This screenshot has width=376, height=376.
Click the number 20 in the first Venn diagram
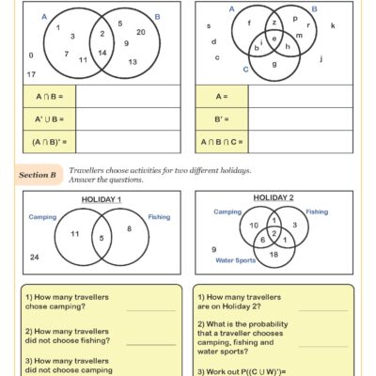(141, 32)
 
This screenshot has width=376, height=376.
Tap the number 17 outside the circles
(31, 73)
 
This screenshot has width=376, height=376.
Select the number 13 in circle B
(133, 62)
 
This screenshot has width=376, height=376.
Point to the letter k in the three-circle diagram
(333, 26)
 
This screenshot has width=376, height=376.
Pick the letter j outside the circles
(322, 59)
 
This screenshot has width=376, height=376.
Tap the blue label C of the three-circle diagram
(245, 69)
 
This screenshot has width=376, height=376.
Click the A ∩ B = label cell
(45, 97)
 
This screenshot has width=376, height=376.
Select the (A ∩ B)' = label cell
(46, 142)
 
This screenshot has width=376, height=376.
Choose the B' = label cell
(217, 119)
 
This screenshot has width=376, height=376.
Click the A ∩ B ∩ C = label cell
(223, 142)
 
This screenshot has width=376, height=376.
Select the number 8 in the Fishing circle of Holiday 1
(130, 228)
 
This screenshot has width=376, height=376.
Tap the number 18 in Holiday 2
(273, 254)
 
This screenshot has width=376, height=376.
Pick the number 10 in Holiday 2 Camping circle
(253, 226)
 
